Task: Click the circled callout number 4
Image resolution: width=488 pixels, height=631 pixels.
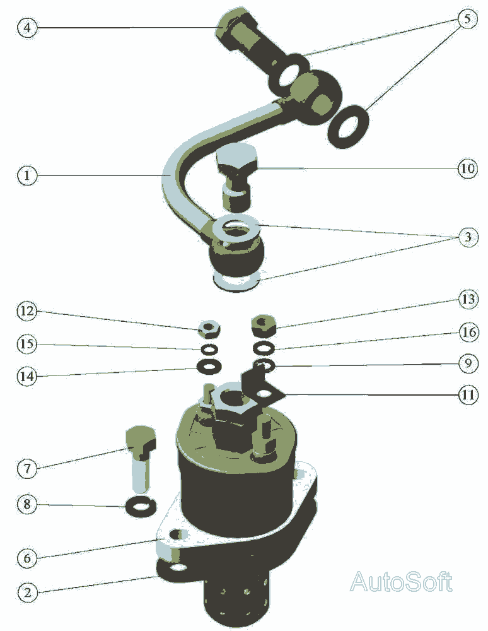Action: click(27, 27)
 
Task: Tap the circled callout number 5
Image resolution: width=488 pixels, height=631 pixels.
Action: click(467, 19)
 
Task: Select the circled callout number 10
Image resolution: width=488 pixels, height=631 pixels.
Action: click(467, 168)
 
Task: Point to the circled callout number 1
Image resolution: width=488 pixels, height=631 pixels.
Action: click(27, 175)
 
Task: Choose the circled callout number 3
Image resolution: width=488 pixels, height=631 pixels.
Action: click(468, 237)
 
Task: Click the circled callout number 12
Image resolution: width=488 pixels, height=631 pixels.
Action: click(27, 311)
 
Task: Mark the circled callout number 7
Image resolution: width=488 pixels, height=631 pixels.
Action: click(27, 468)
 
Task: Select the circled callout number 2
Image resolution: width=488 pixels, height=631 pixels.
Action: click(27, 593)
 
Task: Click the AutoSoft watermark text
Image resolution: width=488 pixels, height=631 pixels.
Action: click(401, 582)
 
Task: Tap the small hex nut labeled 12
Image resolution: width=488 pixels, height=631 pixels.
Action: click(209, 328)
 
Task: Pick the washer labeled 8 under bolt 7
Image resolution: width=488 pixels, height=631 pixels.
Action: click(141, 506)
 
